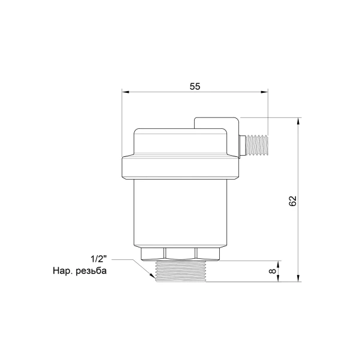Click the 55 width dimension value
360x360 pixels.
(195, 86)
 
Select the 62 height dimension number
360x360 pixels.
(293, 201)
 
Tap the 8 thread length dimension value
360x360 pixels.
(273, 271)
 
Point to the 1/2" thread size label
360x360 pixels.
(99, 259)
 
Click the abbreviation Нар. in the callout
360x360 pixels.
(63, 271)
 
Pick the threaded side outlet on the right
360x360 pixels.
(257, 145)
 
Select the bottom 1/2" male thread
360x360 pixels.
(181, 271)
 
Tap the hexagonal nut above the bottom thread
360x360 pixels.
(180, 254)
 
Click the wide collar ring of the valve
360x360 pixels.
(180, 167)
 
